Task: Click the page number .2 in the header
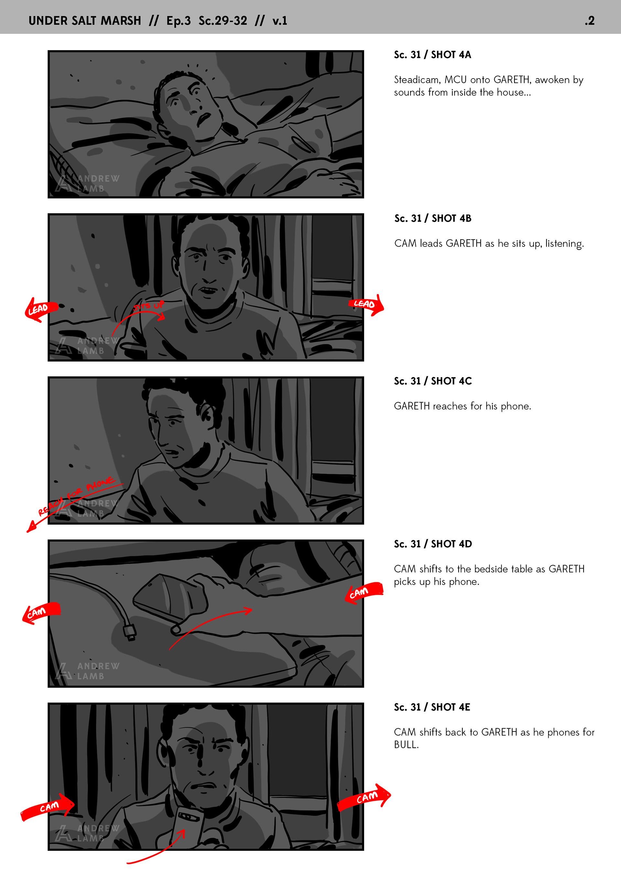[x=589, y=21]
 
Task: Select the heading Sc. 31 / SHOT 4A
[x=432, y=55]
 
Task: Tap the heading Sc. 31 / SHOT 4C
[x=433, y=381]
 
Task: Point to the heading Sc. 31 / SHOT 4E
[x=432, y=707]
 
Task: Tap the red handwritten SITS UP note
[x=149, y=306]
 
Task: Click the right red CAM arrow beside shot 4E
[x=364, y=797]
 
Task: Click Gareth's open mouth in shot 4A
[x=203, y=119]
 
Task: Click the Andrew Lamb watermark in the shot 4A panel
[x=87, y=183]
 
